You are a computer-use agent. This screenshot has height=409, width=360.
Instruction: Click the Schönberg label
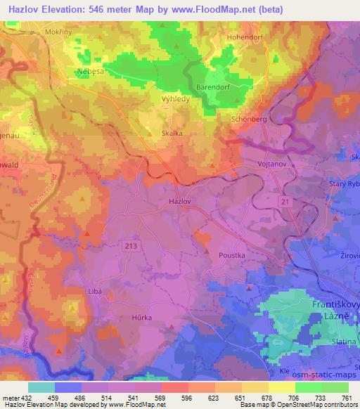coord(249,119)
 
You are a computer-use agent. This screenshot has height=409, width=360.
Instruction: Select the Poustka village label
coord(233,257)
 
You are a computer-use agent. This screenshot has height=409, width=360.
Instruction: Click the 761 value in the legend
coord(345,396)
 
